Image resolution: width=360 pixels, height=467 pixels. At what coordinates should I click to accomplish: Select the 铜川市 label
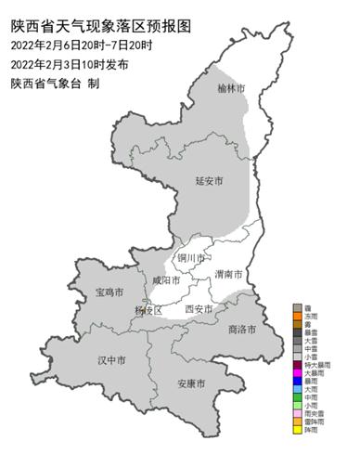click(191, 257)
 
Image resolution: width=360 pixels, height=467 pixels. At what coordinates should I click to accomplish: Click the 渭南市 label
click(227, 275)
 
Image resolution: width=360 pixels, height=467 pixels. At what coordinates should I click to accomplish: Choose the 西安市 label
click(199, 308)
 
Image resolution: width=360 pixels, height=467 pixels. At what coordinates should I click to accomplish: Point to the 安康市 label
click(190, 383)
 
